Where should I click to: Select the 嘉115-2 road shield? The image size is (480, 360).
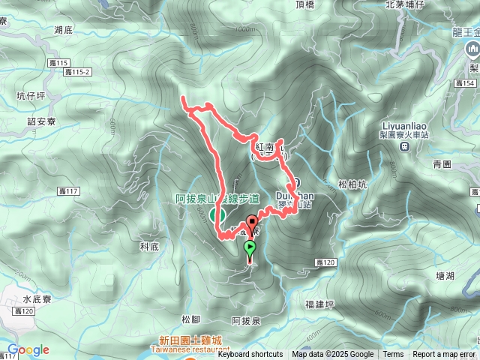click(77, 72)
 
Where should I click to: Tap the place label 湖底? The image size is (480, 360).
click(64, 30)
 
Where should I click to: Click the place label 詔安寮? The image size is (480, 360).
click(41, 121)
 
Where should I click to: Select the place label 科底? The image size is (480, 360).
click(149, 246)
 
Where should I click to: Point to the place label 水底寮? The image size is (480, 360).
click(36, 298)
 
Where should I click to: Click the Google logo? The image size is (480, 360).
click(28, 350)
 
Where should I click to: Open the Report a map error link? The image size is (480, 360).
click(443, 355)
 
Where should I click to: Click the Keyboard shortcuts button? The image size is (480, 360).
click(250, 355)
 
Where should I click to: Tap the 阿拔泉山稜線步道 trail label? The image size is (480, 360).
click(217, 199)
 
